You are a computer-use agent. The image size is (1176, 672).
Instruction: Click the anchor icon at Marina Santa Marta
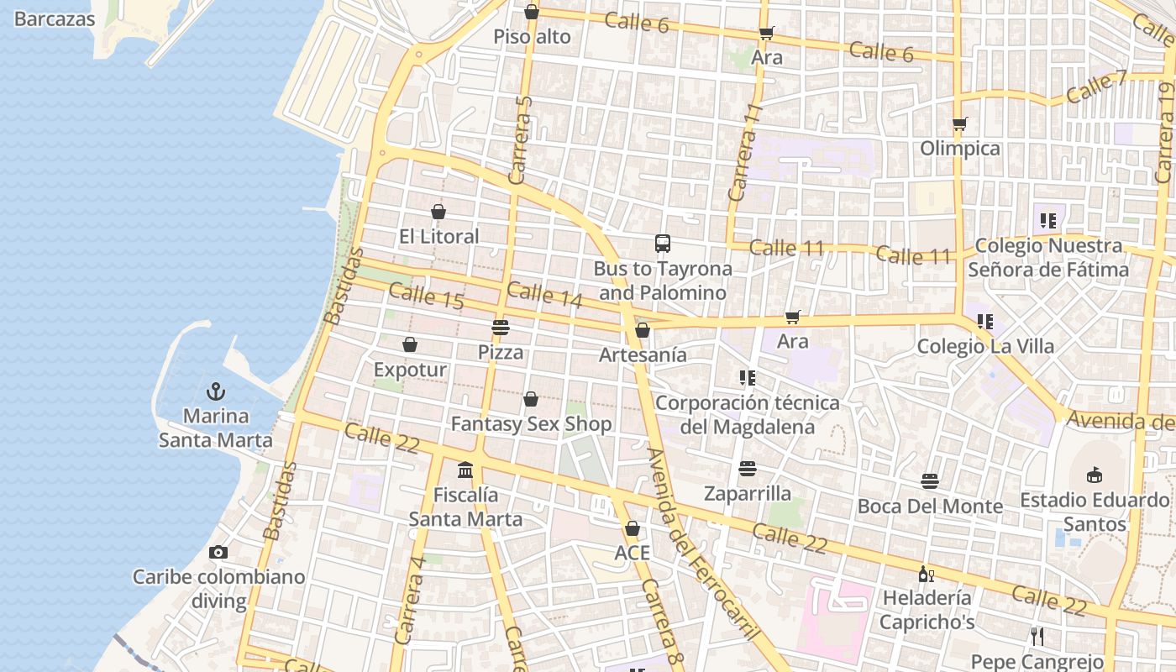tap(216, 391)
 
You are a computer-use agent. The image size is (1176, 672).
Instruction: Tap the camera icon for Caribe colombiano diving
tap(218, 552)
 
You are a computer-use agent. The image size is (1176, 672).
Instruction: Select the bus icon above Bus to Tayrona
tap(663, 244)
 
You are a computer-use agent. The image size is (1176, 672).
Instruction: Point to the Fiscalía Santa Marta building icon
tap(465, 470)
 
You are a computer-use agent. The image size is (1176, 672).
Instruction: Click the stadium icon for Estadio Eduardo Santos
tap(1094, 475)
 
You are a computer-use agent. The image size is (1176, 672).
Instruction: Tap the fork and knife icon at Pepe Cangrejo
tap(1037, 637)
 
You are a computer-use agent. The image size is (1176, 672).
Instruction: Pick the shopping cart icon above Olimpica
tap(960, 124)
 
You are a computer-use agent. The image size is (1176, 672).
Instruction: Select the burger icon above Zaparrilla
tap(748, 468)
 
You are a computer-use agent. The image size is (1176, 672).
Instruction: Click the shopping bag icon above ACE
tap(633, 528)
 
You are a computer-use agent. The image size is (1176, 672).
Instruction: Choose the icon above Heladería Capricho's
tap(926, 575)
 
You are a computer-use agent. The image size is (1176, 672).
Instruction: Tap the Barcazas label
tap(55, 18)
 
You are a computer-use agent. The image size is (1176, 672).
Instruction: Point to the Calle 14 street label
tap(544, 294)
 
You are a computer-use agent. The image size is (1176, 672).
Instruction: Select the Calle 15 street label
tap(426, 296)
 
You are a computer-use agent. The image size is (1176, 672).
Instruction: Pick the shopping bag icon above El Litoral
tap(438, 212)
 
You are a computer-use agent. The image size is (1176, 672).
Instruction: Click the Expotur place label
tap(410, 370)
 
